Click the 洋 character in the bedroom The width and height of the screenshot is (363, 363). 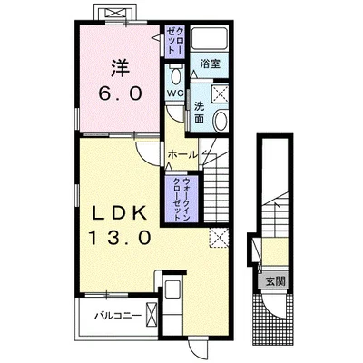[x=120, y=68]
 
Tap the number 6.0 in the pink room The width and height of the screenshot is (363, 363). [x=120, y=93]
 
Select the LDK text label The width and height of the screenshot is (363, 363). [x=120, y=213]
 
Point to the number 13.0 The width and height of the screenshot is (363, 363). [x=120, y=237]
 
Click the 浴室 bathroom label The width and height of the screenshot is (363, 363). [x=210, y=64]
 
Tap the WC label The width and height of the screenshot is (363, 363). [x=175, y=93]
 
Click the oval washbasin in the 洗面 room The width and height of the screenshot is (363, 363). [x=221, y=121]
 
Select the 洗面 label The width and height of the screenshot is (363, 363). [x=199, y=113]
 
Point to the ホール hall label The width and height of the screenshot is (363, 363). [x=182, y=155]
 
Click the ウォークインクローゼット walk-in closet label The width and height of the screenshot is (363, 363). [x=182, y=199]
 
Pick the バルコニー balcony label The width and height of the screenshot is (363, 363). [x=118, y=317]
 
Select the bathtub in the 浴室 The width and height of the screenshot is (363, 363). [x=210, y=39]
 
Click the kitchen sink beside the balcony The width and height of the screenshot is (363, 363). [x=172, y=290]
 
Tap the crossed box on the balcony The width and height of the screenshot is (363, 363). [x=152, y=317]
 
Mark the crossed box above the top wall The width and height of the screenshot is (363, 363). [x=116, y=13]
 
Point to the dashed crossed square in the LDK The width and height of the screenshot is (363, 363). [x=219, y=238]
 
